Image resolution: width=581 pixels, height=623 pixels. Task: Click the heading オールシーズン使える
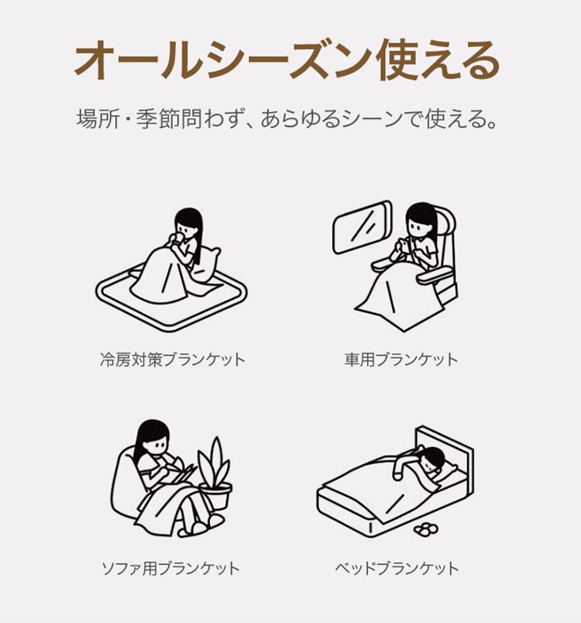tap(287, 60)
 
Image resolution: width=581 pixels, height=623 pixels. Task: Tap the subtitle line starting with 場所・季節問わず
tap(287, 119)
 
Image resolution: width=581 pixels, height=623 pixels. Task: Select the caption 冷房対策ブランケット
tap(173, 360)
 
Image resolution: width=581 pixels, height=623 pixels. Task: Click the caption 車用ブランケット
tap(401, 360)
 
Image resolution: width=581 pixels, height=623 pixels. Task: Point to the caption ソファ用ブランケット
tap(170, 568)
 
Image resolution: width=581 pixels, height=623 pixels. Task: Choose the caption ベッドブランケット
tap(397, 568)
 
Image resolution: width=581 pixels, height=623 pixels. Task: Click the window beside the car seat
tap(363, 227)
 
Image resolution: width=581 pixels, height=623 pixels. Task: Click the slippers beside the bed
tap(426, 528)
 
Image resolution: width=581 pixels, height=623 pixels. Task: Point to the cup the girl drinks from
tap(177, 239)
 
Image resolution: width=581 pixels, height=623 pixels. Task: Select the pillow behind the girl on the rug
tap(207, 263)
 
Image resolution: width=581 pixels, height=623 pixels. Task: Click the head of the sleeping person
tap(433, 458)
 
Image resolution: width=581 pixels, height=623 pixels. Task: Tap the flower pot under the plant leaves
tap(215, 497)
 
